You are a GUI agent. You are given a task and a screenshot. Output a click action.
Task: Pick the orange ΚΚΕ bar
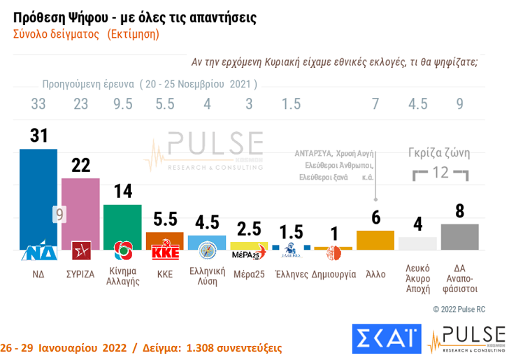(x=164, y=238)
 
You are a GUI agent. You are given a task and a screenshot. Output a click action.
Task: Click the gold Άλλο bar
(x=375, y=240)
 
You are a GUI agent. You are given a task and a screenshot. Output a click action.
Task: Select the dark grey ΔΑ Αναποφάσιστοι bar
(x=459, y=236)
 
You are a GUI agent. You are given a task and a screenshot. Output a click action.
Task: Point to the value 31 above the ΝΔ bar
(x=38, y=136)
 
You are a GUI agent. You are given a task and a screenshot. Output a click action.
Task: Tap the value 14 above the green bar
(x=122, y=193)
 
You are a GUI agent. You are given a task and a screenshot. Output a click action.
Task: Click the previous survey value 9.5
(x=122, y=104)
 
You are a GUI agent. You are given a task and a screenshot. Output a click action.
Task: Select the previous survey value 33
(x=38, y=104)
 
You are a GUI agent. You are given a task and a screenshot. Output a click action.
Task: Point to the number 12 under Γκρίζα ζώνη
(x=440, y=172)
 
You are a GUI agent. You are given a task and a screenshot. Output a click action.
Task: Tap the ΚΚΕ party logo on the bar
(x=165, y=250)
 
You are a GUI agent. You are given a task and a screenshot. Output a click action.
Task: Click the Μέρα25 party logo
(x=250, y=250)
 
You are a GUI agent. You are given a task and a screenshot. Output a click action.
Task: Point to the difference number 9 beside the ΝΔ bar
(x=60, y=214)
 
